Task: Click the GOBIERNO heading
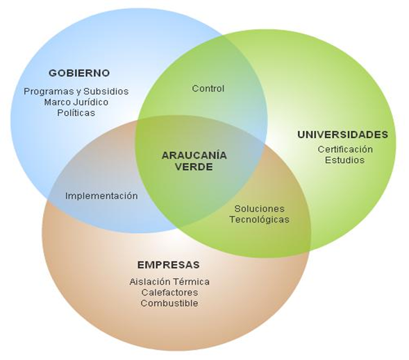coord(79,73)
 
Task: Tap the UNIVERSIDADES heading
coord(343,135)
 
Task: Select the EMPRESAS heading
coord(169,265)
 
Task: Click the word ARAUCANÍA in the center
coord(194,155)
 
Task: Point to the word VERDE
coord(194,166)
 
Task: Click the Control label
coord(208,88)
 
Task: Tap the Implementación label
coord(101,196)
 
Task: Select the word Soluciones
coord(259,208)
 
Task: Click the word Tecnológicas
coord(259,219)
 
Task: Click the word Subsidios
coord(106,91)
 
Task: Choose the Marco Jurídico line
coord(76,102)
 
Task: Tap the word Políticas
coord(76,113)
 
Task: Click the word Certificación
coord(345,149)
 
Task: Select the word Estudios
coord(344,160)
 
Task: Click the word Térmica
coord(191,282)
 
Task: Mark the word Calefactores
coord(169,292)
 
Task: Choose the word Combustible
coord(169,303)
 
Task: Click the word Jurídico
coord(91,102)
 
